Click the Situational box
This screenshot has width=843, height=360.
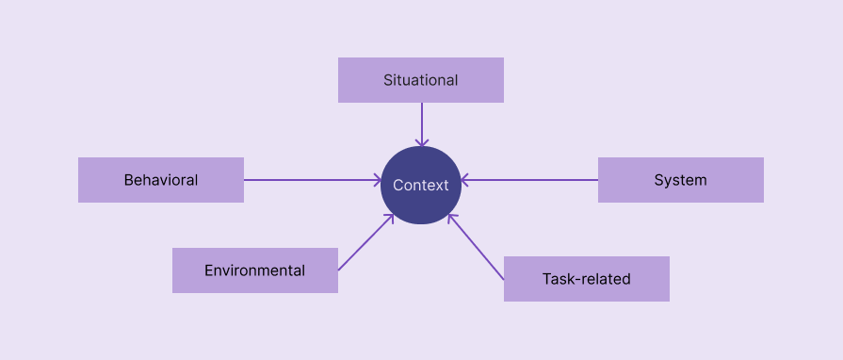click(420, 80)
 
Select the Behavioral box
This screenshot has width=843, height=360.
click(160, 180)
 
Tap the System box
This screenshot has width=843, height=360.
click(680, 180)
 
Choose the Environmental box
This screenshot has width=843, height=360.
click(254, 270)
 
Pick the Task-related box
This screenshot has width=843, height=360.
click(586, 279)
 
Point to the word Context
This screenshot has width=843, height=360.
click(421, 186)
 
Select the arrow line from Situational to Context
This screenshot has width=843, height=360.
click(421, 123)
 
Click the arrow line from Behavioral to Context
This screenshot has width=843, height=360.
click(311, 180)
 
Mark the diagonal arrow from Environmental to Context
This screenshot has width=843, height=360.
click(365, 243)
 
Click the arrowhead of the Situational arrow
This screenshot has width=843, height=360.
click(421, 143)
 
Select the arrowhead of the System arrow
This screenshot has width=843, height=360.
click(465, 180)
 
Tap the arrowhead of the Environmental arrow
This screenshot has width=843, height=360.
click(390, 218)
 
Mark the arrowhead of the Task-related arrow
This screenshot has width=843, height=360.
click(451, 218)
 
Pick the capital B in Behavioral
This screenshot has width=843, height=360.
click(129, 180)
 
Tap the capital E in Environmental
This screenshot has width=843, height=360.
click(209, 270)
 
